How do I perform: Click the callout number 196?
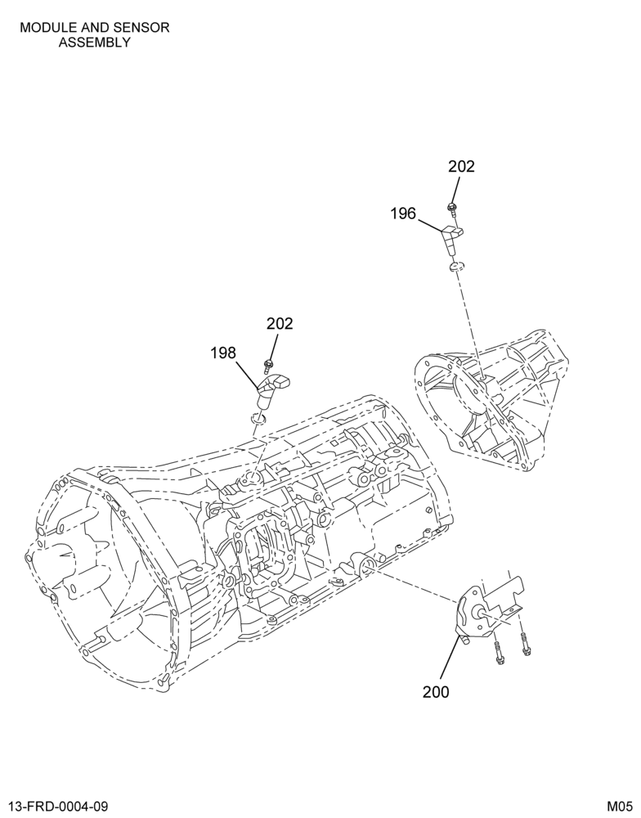(x=403, y=213)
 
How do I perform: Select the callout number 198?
(x=223, y=353)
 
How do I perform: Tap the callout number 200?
(x=436, y=692)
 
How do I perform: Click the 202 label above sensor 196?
(x=462, y=166)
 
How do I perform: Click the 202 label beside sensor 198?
(x=280, y=323)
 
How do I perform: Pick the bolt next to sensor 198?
(x=269, y=366)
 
